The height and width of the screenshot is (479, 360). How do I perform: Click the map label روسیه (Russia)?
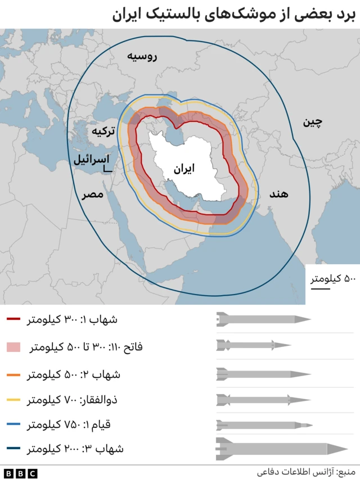[141, 57]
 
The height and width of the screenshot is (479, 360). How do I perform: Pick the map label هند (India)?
[278, 193]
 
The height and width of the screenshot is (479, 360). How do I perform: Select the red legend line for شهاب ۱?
[13, 320]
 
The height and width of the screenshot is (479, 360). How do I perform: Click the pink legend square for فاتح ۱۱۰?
[13, 347]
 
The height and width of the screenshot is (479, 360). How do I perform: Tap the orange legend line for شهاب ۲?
[13, 374]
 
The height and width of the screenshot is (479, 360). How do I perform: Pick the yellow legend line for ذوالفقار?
[13, 400]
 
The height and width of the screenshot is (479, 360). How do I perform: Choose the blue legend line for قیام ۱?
[13, 424]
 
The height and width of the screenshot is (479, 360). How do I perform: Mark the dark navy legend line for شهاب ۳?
[13, 449]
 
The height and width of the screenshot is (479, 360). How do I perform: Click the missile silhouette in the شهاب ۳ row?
[281, 449]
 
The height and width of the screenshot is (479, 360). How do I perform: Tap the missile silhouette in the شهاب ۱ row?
[263, 319]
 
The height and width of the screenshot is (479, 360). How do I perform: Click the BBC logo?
[20, 472]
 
